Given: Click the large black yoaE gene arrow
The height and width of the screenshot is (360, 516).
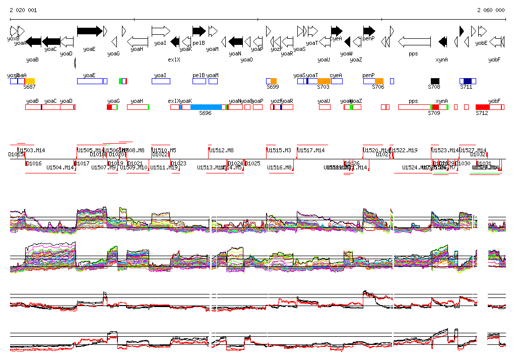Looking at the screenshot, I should pyautogui.click(x=89, y=31).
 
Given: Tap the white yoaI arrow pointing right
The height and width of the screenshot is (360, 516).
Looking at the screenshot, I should pyautogui.click(x=161, y=31).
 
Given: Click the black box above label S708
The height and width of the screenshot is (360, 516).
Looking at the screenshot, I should pyautogui.click(x=435, y=81).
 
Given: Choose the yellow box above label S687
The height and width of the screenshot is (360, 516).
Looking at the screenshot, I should pyautogui.click(x=30, y=81).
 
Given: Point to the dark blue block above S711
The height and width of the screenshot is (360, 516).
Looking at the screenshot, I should pyautogui.click(x=468, y=81).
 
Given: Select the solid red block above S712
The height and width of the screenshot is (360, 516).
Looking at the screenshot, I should pyautogui.click(x=483, y=107).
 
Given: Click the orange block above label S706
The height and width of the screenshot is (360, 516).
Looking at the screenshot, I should pyautogui.click(x=379, y=81).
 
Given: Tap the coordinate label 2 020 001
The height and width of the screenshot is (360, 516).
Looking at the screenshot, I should pyautogui.click(x=23, y=10).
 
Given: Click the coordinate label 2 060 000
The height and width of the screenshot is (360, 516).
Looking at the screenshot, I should pyautogui.click(x=491, y=10).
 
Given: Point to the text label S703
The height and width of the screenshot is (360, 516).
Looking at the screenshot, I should pyautogui.click(x=323, y=87).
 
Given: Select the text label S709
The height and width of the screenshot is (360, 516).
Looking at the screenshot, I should pyautogui.click(x=434, y=113).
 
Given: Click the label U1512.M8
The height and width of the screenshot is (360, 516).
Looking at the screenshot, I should pyautogui.click(x=222, y=150).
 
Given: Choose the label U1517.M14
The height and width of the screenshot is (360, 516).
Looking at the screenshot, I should pyautogui.click(x=311, y=150).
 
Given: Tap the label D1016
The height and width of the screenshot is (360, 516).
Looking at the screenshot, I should pyautogui.click(x=34, y=163).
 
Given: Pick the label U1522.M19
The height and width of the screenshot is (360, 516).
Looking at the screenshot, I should pyautogui.click(x=405, y=150).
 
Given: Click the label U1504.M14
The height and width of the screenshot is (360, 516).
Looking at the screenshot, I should pyautogui.click(x=60, y=167).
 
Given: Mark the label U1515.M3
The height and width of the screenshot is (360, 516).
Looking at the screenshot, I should pyautogui.click(x=279, y=150).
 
